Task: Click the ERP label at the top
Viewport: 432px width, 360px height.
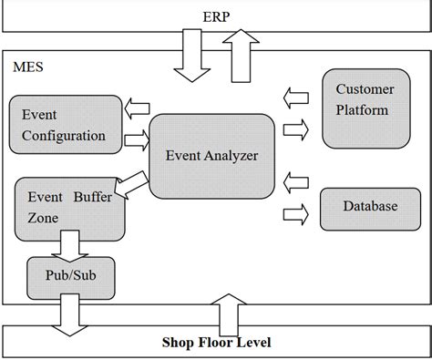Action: click(215, 15)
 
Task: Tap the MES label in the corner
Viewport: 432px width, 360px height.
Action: click(28, 67)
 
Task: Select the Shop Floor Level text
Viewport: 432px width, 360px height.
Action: click(216, 343)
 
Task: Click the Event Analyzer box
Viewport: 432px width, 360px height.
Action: click(211, 155)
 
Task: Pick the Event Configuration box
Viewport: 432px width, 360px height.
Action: click(63, 125)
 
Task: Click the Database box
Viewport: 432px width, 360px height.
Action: click(369, 207)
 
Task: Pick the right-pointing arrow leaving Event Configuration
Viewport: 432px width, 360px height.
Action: click(136, 140)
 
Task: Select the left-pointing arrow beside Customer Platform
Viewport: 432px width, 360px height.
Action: click(296, 93)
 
